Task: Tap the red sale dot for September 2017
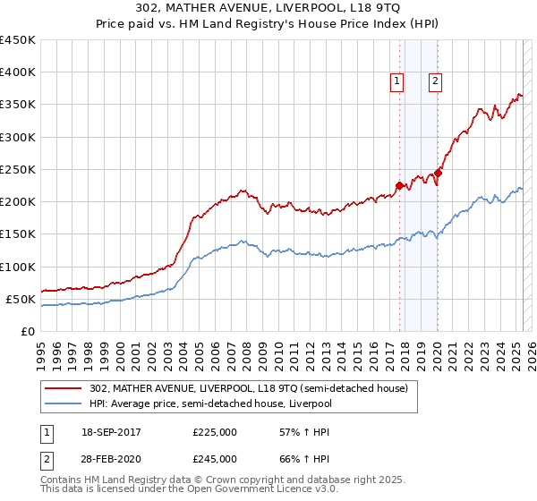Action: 399,185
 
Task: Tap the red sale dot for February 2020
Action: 438,173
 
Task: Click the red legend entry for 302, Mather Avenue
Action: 249,388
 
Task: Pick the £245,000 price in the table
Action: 215,458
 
